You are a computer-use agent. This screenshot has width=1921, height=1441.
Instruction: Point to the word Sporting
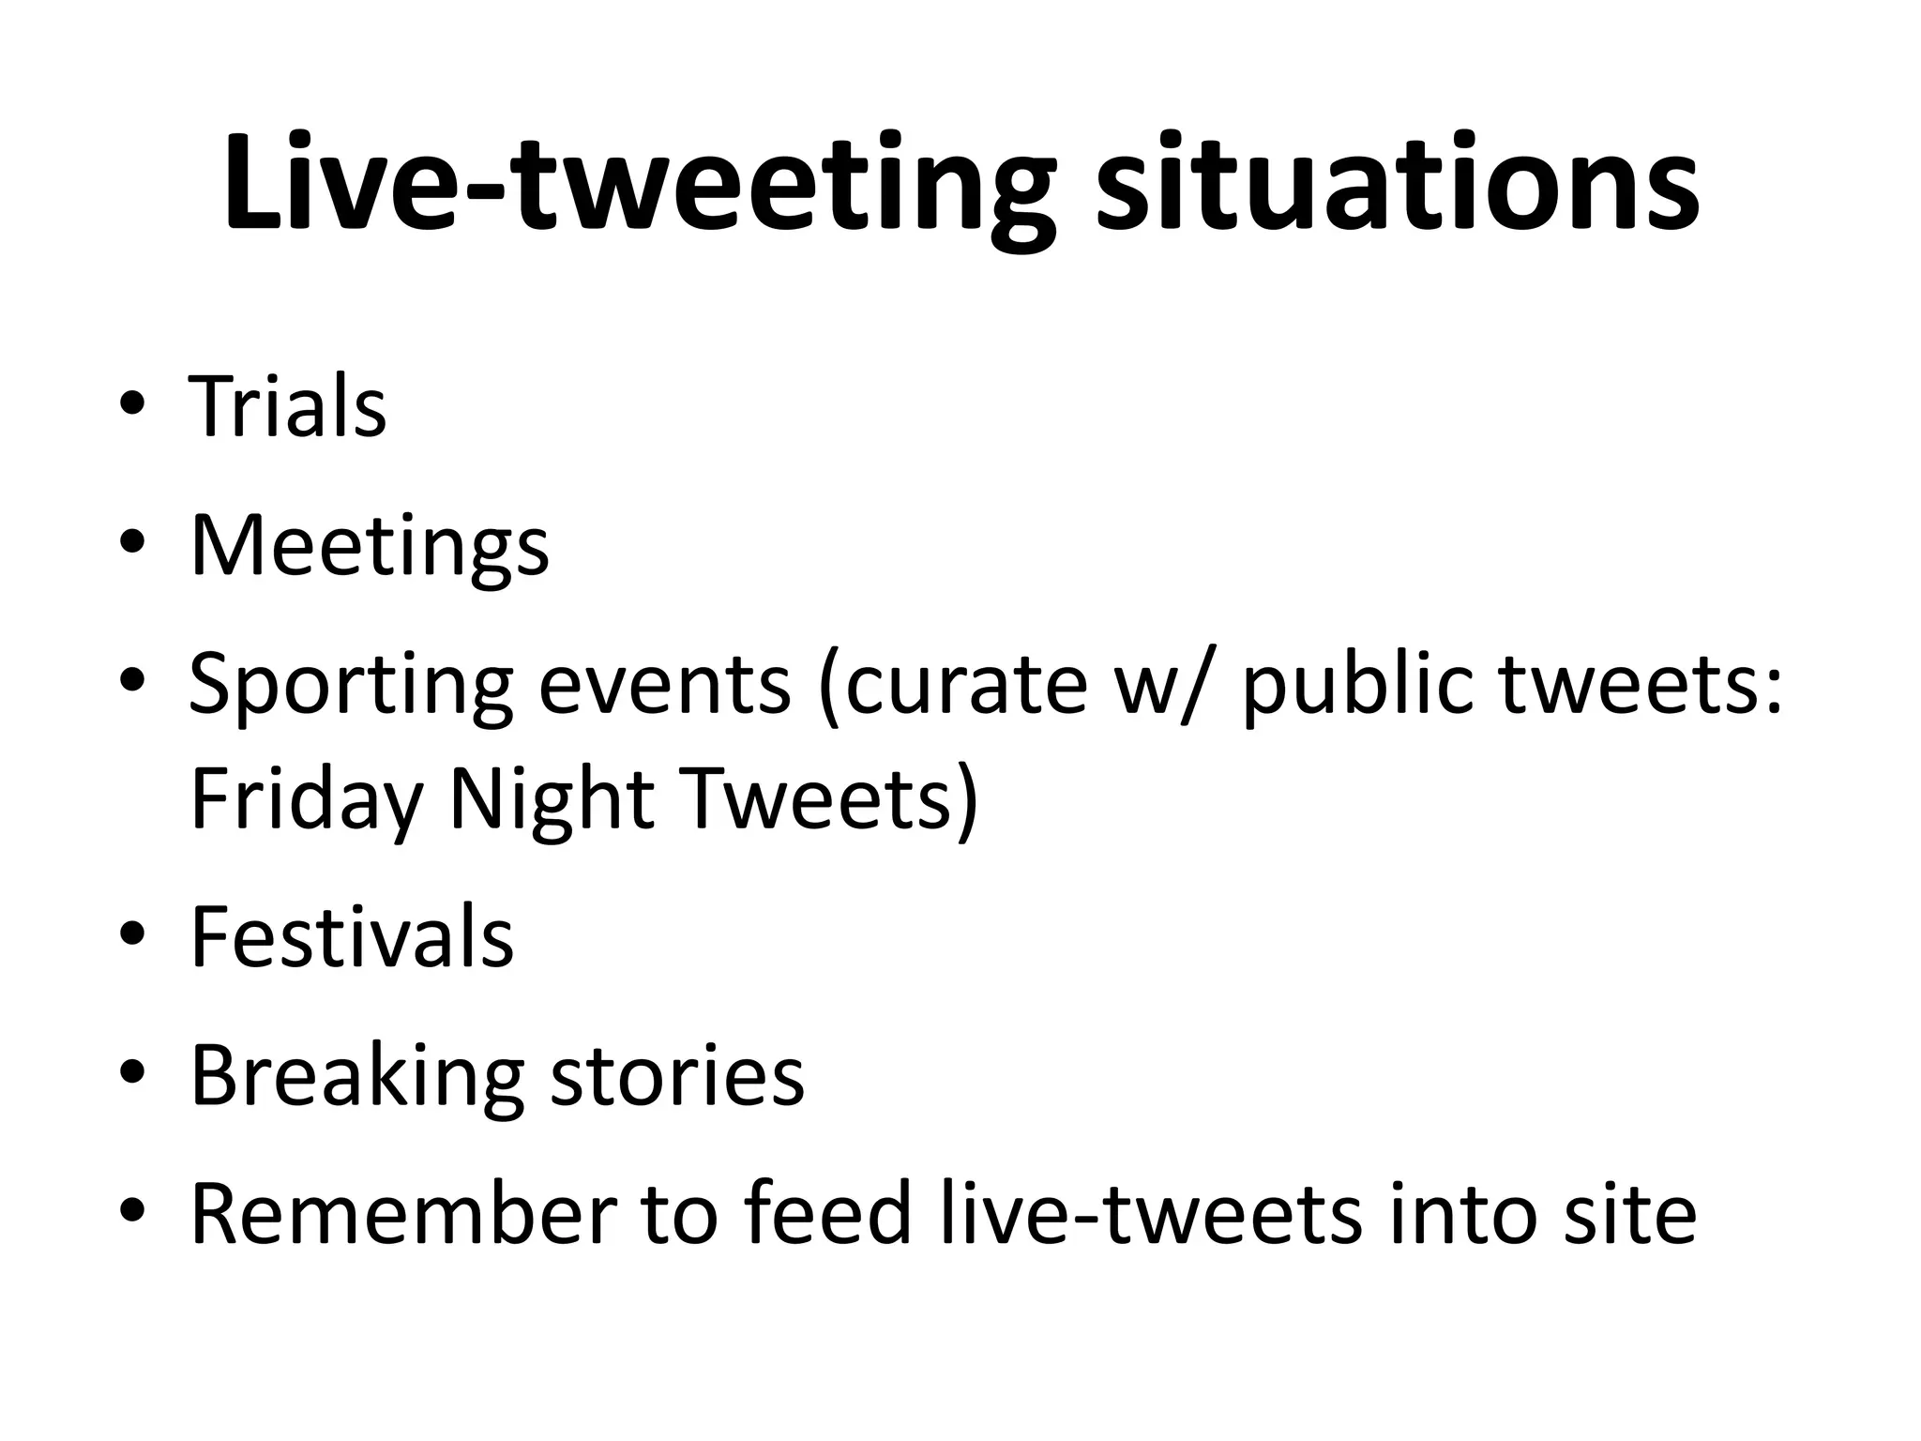point(350,686)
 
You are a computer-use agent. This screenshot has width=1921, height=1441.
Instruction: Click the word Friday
point(306,800)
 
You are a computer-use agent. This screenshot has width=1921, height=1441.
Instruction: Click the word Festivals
point(352,937)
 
